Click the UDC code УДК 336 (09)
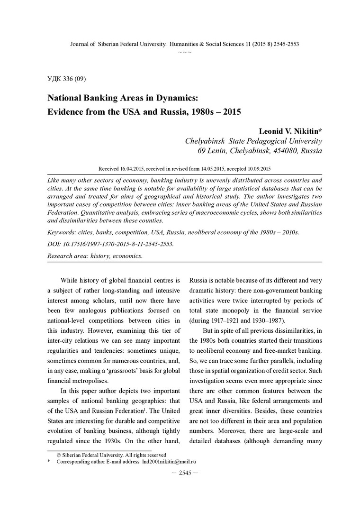(x=66, y=78)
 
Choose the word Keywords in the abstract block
(x=63, y=232)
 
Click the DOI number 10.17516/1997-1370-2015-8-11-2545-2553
(x=118, y=244)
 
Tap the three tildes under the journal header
(x=185, y=51)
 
